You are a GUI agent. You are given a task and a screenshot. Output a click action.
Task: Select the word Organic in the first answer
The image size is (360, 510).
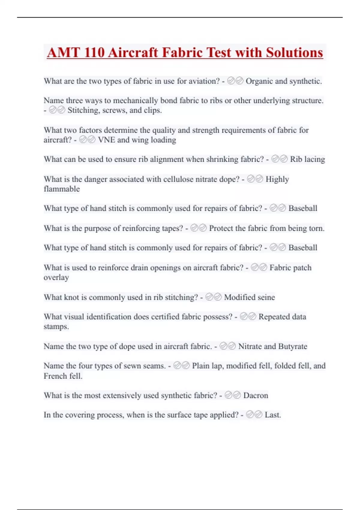point(259,81)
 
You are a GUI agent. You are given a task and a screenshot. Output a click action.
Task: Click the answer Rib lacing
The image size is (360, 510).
point(307,159)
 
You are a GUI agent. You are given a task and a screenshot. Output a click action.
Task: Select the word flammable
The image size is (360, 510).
point(62,189)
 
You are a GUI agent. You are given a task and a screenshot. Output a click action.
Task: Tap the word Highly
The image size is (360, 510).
point(277,179)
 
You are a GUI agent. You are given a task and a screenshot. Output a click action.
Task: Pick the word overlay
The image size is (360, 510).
point(56,277)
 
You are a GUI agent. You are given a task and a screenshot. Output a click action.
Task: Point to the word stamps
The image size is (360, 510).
point(56,326)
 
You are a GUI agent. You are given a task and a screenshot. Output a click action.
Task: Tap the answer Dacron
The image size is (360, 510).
point(256,395)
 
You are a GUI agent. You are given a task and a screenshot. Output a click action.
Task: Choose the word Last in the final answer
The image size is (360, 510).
point(272,415)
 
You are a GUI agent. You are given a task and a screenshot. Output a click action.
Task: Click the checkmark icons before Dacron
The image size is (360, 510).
point(232,395)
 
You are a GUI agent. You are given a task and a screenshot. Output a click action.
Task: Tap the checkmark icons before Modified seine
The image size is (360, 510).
point(213,297)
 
